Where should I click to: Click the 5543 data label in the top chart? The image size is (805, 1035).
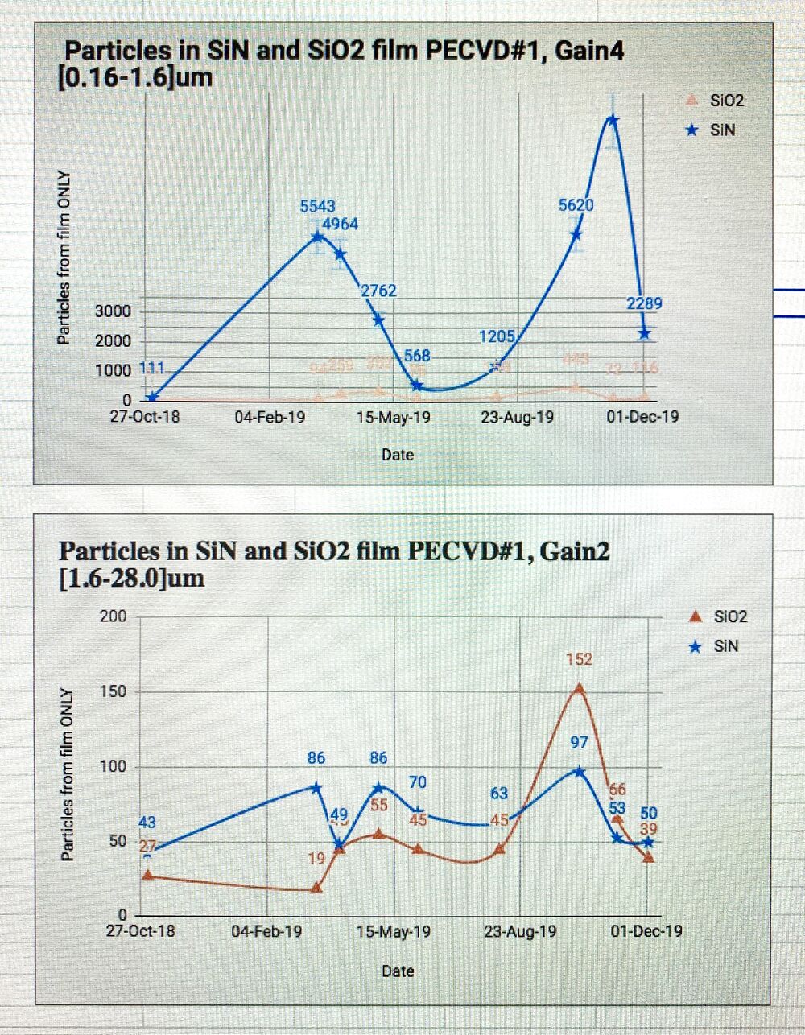(x=317, y=207)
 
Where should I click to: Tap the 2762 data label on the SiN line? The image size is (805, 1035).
(x=378, y=291)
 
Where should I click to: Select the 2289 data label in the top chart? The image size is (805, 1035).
(x=644, y=303)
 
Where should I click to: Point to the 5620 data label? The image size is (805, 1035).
(x=576, y=205)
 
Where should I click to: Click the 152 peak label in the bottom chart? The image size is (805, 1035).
(x=579, y=659)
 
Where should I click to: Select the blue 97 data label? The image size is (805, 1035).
(x=579, y=742)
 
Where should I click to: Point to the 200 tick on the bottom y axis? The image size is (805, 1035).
(x=113, y=616)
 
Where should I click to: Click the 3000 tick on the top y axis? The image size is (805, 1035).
(x=114, y=311)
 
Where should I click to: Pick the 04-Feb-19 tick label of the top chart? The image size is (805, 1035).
(x=270, y=417)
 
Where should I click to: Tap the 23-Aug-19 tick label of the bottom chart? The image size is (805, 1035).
(x=520, y=931)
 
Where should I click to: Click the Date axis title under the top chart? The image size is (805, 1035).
(x=398, y=455)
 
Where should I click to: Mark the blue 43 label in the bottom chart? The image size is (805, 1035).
(x=148, y=822)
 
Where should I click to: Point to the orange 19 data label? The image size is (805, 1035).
(x=317, y=859)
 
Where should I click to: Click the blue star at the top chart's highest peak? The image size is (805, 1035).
(x=612, y=120)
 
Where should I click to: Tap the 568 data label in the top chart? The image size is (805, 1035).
(x=417, y=355)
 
